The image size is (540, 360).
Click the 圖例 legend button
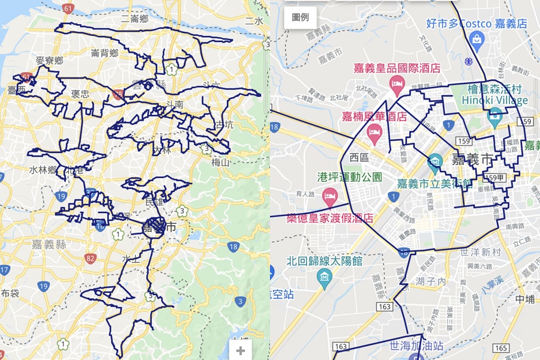(x=301, y=17)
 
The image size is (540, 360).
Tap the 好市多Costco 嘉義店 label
(x=476, y=23)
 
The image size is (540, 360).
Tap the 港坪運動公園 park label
(x=349, y=177)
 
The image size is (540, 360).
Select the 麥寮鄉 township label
(x=49, y=61)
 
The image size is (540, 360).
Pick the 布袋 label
(x=10, y=293)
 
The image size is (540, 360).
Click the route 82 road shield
(x=91, y=259)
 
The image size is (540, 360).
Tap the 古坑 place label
(x=224, y=125)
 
